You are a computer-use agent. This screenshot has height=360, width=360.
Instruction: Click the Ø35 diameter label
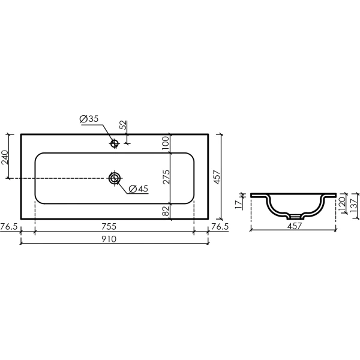pyautogui.click(x=89, y=119)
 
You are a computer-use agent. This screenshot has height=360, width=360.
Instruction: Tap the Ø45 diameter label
pyautogui.click(x=137, y=189)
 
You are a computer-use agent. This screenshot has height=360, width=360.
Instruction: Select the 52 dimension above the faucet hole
pyautogui.click(x=123, y=125)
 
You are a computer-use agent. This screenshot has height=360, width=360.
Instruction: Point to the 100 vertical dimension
pyautogui.click(x=166, y=142)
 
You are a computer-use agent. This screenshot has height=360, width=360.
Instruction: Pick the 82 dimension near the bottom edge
pyautogui.click(x=166, y=210)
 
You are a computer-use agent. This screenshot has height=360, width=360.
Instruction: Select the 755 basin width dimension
pyautogui.click(x=108, y=227)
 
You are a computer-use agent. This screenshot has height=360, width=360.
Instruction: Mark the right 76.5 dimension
pyautogui.click(x=221, y=227)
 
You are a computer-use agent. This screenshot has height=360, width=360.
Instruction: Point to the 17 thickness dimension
pyautogui.click(x=238, y=204)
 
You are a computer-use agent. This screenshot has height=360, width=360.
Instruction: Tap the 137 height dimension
pyautogui.click(x=355, y=205)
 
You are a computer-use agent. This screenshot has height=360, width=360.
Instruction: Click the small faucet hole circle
pyautogui.click(x=114, y=143)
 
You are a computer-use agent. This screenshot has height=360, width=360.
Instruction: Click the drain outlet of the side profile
pyautogui.click(x=292, y=215)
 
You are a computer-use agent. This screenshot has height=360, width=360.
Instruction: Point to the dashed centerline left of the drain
pyautogui.click(x=60, y=178)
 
